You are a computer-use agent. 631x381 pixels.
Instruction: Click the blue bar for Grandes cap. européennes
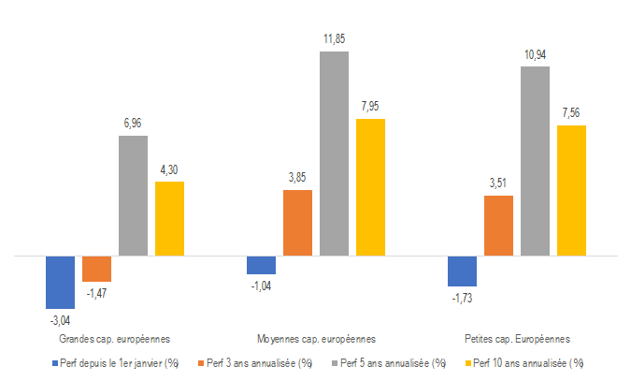click(x=60, y=282)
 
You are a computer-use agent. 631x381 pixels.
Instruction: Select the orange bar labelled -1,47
click(x=96, y=269)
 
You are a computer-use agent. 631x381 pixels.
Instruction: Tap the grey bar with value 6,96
click(x=133, y=195)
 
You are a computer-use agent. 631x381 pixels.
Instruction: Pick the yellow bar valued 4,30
click(x=169, y=218)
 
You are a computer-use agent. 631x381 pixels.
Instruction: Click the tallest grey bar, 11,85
click(x=334, y=153)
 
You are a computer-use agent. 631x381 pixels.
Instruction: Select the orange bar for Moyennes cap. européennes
click(x=297, y=222)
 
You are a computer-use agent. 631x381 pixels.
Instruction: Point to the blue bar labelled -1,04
click(x=261, y=265)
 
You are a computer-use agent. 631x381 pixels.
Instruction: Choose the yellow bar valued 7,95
click(x=370, y=186)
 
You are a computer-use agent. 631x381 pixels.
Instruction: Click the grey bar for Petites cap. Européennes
click(x=535, y=160)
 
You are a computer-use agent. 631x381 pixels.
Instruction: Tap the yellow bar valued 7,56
click(x=571, y=190)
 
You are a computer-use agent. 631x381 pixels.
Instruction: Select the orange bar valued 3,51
click(x=498, y=225)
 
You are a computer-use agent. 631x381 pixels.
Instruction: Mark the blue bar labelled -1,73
click(x=462, y=271)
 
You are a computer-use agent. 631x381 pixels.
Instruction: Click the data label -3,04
click(x=59, y=319)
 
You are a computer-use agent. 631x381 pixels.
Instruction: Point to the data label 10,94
click(x=536, y=55)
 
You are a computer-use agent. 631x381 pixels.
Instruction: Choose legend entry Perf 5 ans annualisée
click(x=394, y=362)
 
